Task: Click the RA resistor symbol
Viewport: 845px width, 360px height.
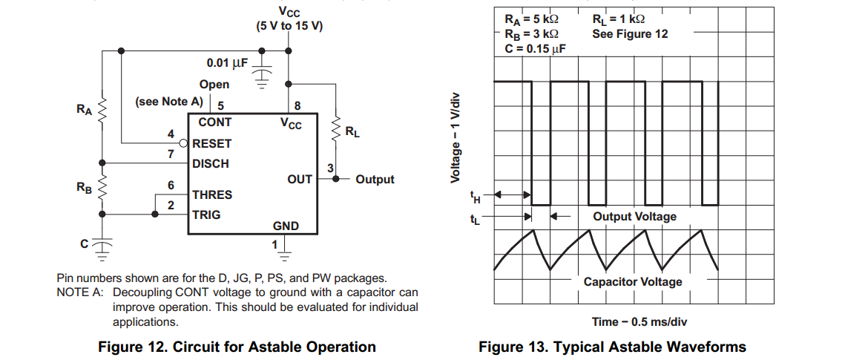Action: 104,111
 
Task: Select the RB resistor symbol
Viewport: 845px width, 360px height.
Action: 104,188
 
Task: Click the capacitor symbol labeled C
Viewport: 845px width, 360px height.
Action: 104,243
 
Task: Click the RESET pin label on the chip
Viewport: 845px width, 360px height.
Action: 211,143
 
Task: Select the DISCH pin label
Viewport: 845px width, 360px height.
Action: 210,163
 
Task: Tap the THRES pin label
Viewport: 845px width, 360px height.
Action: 211,194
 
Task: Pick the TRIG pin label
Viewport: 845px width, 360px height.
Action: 206,215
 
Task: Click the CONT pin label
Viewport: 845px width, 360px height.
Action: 214,122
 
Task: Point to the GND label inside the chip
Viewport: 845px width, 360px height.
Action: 286,226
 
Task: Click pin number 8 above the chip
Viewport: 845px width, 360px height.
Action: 297,105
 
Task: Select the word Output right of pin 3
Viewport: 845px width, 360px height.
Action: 375,180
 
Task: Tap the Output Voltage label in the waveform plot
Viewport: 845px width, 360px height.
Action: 634,217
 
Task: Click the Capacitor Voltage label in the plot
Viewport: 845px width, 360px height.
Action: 632,282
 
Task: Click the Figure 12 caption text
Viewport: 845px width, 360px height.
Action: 237,347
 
